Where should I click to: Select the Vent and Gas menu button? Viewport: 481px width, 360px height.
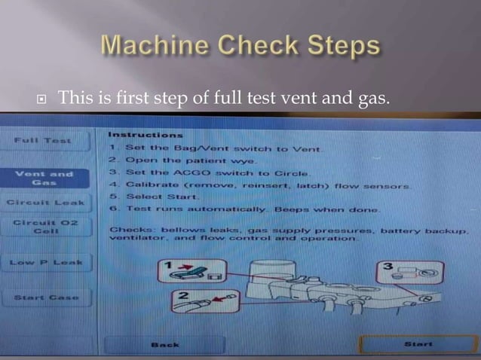pos(44,178)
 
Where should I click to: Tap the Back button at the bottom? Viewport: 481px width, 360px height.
pos(164,344)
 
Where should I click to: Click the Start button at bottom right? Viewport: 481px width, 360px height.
pos(418,343)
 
